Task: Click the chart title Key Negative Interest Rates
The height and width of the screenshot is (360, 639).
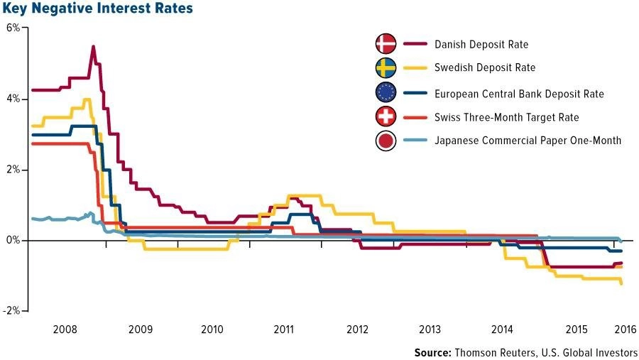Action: click(97, 8)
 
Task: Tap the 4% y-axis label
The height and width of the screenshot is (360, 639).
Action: click(13, 99)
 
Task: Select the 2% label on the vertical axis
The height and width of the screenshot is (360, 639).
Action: click(13, 170)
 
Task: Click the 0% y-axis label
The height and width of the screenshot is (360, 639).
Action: click(13, 241)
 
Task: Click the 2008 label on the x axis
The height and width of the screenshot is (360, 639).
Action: click(65, 329)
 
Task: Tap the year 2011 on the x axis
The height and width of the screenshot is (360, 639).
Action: click(283, 329)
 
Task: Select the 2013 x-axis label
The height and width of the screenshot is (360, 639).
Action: click(430, 329)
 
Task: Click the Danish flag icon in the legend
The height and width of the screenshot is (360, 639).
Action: click(386, 43)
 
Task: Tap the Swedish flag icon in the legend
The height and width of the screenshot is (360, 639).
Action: click(386, 67)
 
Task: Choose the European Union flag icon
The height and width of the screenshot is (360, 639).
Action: click(386, 92)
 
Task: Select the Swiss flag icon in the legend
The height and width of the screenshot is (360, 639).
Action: click(386, 116)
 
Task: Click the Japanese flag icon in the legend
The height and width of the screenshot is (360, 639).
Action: click(386, 141)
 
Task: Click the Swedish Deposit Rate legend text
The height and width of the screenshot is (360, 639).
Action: click(485, 67)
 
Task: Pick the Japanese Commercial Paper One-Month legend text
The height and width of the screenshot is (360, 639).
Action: click(528, 141)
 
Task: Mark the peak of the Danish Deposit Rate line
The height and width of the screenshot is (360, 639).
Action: click(93, 46)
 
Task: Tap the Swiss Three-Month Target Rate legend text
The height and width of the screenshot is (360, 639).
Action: click(506, 117)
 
